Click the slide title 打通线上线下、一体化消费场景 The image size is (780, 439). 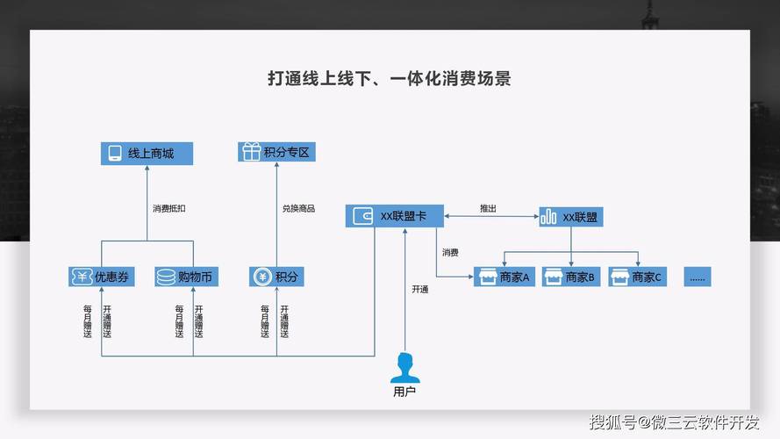(389, 79)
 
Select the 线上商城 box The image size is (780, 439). (145, 154)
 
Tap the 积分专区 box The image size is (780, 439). (276, 153)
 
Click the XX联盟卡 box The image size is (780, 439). (395, 216)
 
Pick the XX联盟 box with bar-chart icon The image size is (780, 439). (571, 216)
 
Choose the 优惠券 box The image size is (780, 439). (102, 277)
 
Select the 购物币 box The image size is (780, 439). (186, 277)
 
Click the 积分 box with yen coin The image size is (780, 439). (276, 277)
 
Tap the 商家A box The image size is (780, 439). (504, 277)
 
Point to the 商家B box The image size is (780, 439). (571, 277)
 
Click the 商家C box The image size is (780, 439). (638, 277)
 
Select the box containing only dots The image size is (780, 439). (698, 277)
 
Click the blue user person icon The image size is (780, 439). (404, 367)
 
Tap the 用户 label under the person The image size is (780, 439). (404, 392)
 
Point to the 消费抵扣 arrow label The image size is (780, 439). (168, 209)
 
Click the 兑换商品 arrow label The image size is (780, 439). (298, 209)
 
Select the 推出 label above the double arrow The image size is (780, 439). (488, 209)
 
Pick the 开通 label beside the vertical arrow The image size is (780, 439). (419, 290)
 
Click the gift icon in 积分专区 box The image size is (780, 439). (251, 153)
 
